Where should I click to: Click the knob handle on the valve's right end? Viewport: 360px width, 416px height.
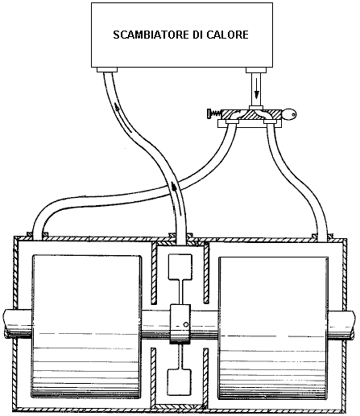289,114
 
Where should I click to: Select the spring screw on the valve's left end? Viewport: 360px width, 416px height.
214,113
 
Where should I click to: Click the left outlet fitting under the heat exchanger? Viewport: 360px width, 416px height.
107,70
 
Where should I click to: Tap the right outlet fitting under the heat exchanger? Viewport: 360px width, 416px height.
256,70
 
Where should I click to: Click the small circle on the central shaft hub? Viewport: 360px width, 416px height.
186,324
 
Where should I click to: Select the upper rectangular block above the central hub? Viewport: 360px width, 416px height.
180,267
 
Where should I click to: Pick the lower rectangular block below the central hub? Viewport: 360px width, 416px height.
180,382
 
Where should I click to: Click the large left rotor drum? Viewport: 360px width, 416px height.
87,327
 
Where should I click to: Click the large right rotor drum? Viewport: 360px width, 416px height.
273,327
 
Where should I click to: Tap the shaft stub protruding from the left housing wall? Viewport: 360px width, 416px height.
10,324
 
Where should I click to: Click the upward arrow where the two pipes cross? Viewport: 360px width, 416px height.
174,186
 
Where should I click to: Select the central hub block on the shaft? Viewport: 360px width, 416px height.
180,324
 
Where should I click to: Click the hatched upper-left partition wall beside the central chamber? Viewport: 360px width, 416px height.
154,273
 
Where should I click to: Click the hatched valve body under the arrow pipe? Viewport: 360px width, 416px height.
251,114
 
